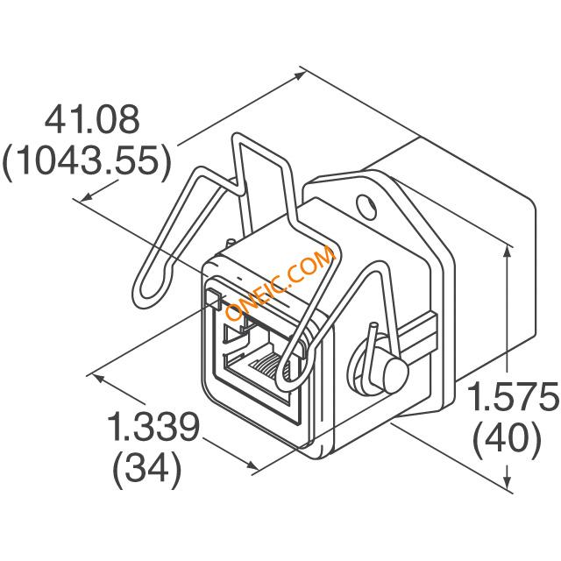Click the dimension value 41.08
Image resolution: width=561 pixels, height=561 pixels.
point(92,119)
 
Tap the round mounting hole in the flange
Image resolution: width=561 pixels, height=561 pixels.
point(366,207)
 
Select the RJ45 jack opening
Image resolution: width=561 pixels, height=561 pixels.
point(258,361)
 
